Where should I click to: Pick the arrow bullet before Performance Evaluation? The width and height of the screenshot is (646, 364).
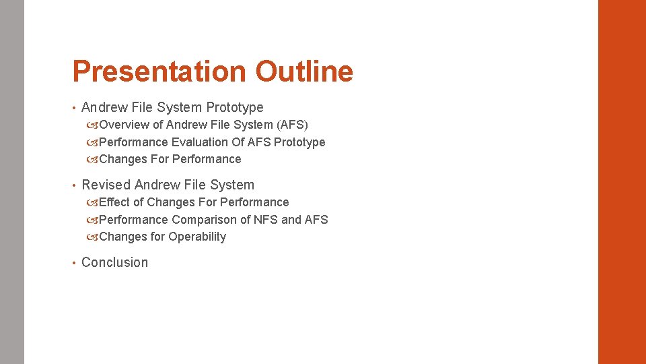point(92,142)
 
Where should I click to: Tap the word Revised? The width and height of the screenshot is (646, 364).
point(106,185)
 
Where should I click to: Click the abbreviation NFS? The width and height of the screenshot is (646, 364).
point(266,220)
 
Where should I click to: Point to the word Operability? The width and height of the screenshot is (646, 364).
point(197,237)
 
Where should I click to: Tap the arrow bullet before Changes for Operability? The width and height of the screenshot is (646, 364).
point(92,237)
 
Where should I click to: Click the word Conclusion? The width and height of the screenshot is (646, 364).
point(114,262)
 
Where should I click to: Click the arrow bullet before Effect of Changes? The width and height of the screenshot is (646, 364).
point(92,202)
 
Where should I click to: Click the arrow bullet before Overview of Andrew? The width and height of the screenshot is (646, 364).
point(92,125)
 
